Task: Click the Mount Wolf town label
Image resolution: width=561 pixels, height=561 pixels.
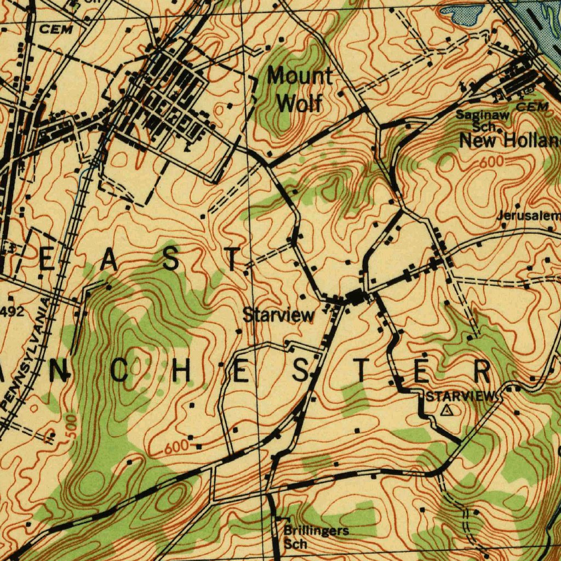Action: click(300, 89)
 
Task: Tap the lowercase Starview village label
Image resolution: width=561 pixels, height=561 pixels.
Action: click(279, 315)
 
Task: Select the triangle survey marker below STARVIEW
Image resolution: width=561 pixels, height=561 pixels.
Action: click(448, 410)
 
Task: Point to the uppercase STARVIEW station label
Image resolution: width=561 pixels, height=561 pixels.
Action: click(460, 396)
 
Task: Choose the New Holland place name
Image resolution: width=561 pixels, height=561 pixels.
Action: click(510, 141)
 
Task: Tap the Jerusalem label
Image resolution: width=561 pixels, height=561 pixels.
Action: click(528, 216)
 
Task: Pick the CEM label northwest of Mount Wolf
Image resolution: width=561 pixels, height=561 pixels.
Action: click(56, 30)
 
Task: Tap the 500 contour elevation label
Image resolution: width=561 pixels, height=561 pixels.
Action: click(71, 426)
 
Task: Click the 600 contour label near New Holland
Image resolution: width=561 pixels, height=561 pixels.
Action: click(491, 162)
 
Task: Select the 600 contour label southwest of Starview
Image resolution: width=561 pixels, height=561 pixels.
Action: click(176, 446)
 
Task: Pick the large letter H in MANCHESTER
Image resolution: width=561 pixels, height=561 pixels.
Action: click(178, 372)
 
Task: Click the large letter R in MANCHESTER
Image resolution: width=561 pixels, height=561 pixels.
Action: click(482, 372)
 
